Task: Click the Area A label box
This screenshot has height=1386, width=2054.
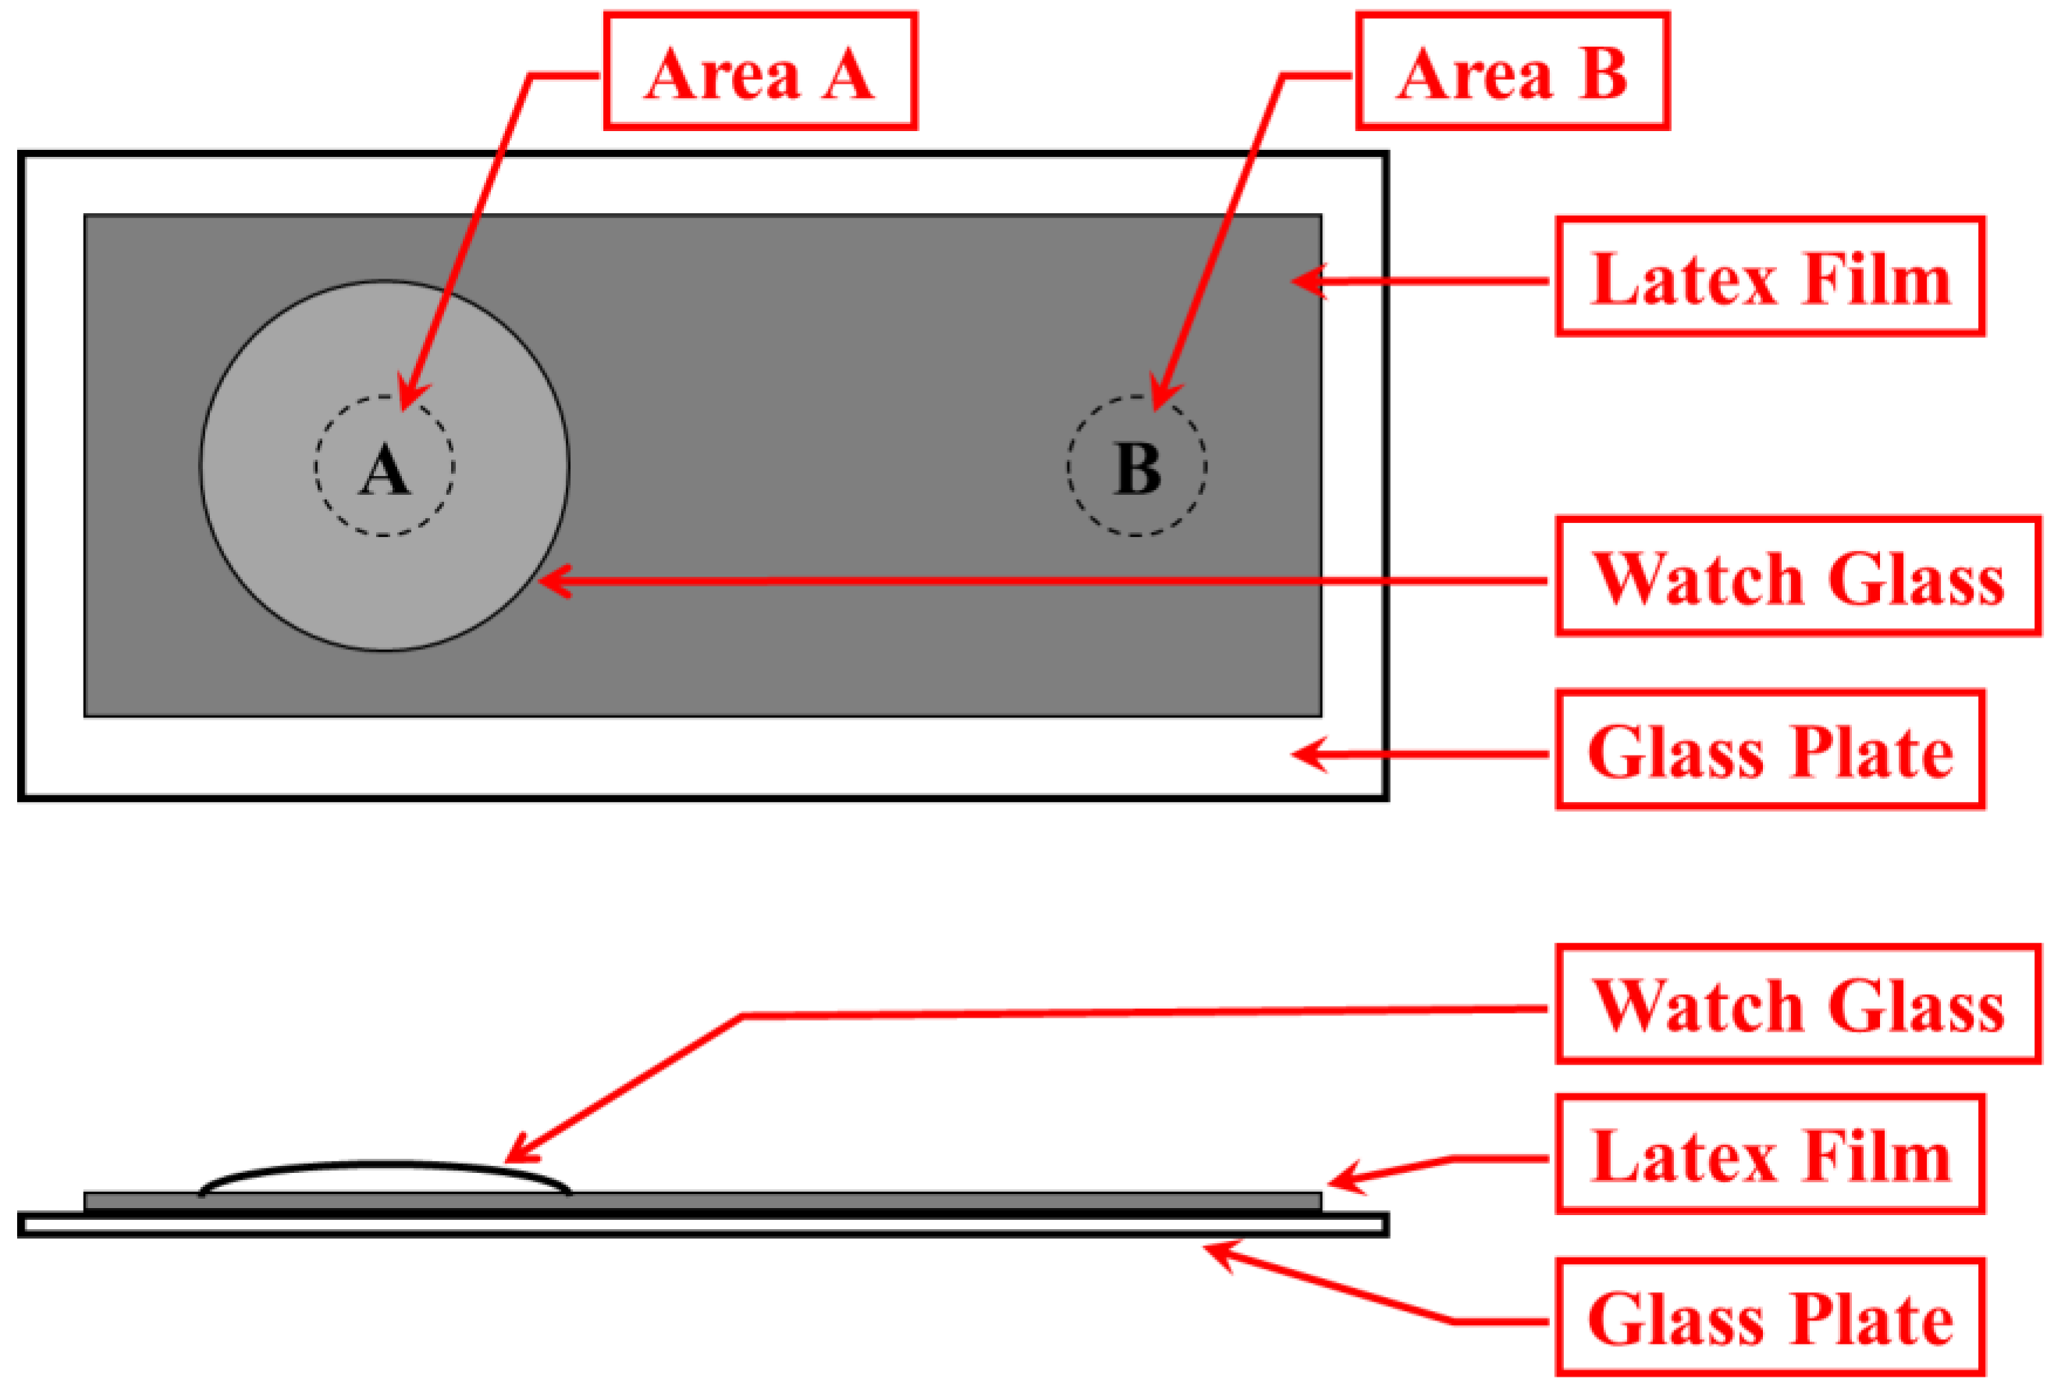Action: (760, 72)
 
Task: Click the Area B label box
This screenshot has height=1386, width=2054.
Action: (1512, 72)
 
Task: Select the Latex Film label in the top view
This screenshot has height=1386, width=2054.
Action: (1770, 278)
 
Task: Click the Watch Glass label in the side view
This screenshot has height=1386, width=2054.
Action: (1798, 1005)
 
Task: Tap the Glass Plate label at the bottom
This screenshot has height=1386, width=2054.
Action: (1770, 1318)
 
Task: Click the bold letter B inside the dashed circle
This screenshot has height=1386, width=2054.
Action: (1136, 467)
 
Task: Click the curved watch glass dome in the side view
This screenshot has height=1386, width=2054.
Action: (385, 1166)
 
